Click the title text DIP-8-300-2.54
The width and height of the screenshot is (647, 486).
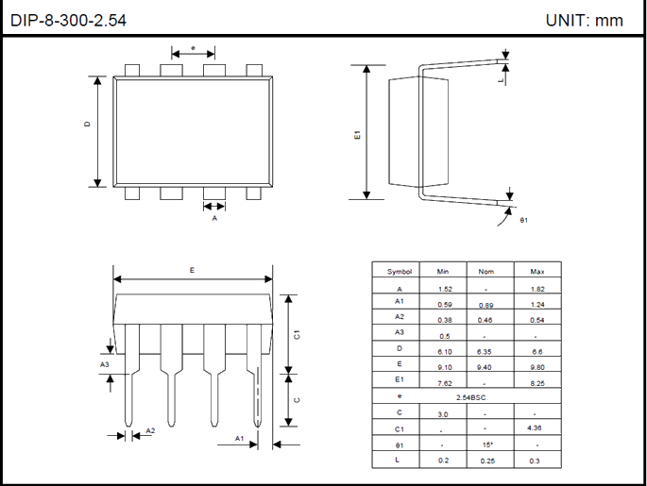[68, 19]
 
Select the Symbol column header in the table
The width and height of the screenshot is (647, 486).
[400, 272]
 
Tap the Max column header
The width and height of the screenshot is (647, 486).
[537, 272]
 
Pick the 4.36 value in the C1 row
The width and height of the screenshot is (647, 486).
[537, 429]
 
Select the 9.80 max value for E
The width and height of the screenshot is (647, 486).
[537, 364]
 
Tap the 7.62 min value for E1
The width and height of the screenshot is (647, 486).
[445, 383]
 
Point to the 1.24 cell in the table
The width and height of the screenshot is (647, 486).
[537, 305]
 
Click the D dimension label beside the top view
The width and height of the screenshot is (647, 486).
[87, 124]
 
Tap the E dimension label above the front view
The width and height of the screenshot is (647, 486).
[192, 270]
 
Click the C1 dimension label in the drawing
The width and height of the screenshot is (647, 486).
[297, 334]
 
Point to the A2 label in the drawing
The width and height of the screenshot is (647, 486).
[150, 431]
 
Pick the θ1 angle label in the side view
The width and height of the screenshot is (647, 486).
[524, 221]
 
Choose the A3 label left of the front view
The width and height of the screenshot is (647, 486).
[104, 363]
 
